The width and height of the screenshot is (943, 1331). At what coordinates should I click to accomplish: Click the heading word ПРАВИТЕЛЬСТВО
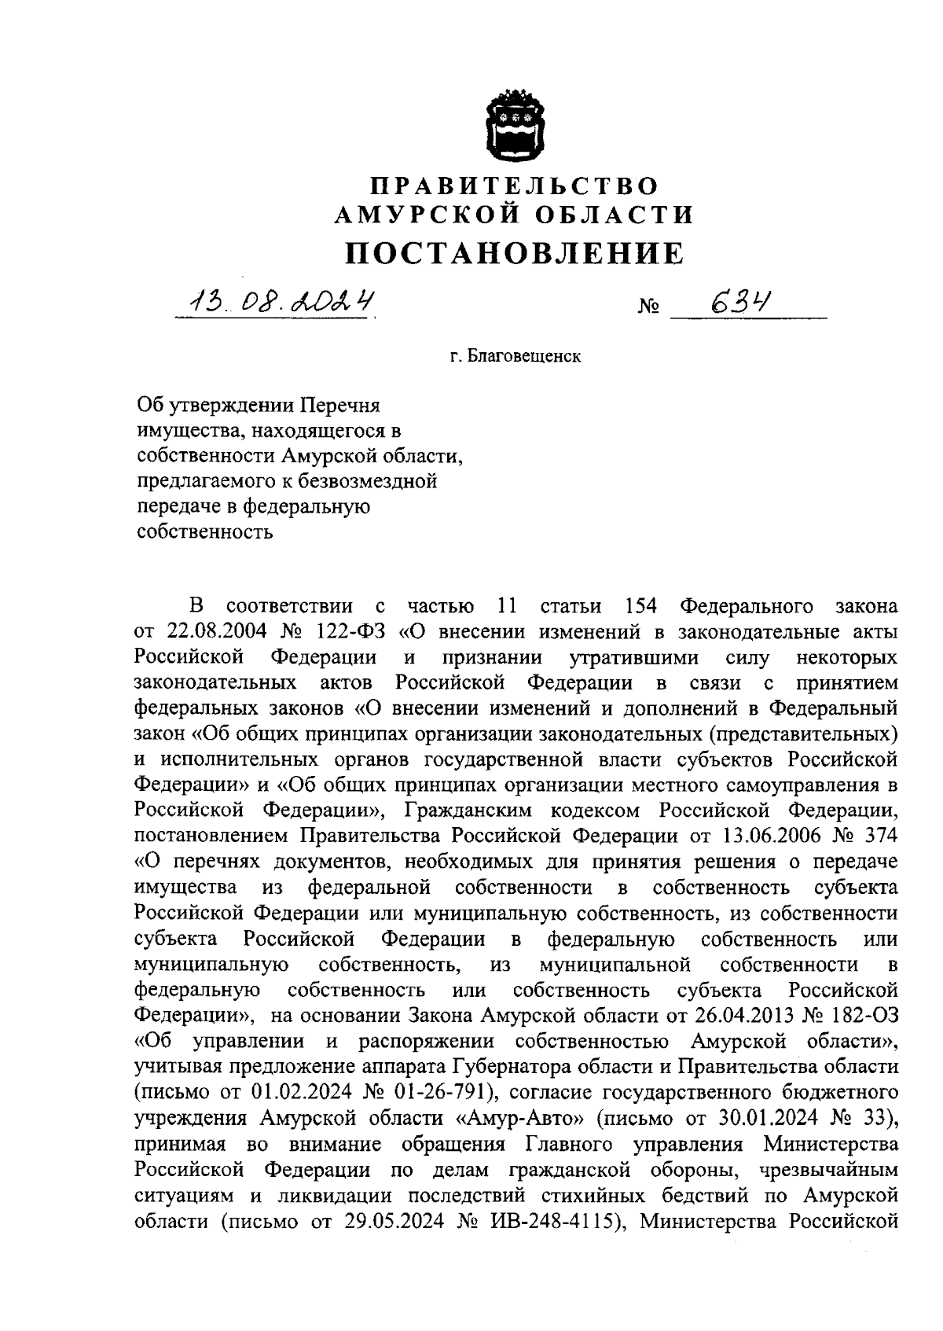(x=515, y=186)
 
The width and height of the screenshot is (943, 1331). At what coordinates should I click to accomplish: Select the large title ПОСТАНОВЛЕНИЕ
(x=516, y=253)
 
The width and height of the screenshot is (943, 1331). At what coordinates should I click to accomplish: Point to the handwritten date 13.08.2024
(x=276, y=300)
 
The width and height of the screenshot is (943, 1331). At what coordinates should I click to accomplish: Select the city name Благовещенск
(x=525, y=357)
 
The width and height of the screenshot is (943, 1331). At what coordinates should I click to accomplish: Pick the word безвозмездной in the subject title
(x=369, y=481)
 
